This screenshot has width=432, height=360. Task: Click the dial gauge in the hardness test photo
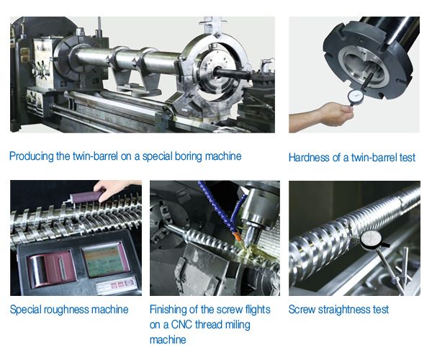(354, 96)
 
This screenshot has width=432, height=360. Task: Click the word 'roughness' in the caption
(66, 310)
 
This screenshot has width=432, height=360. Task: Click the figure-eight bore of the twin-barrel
(360, 66)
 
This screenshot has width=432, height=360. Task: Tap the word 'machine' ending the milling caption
(168, 340)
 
